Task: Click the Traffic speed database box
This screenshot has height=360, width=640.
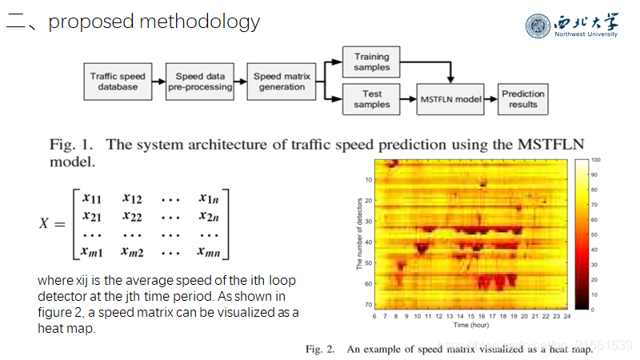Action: tap(118, 82)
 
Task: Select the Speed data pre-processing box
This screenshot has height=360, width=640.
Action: tap(199, 82)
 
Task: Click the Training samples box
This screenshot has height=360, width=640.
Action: tap(371, 62)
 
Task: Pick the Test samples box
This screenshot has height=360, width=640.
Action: tap(371, 99)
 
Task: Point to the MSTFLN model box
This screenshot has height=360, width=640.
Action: tap(450, 99)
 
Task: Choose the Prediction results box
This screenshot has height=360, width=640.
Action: tap(522, 99)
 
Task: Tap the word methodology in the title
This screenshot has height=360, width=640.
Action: tap(200, 22)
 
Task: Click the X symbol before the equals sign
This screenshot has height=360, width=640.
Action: tap(47, 224)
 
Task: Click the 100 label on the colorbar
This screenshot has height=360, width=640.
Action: tap(596, 160)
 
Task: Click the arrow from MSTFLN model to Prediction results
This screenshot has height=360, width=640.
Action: tap(490, 99)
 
